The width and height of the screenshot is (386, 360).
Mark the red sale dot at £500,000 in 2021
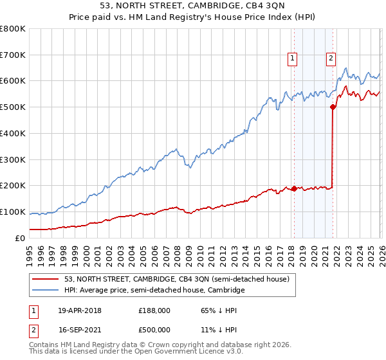coord(333,107)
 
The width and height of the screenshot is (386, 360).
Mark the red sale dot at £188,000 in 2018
coord(294,189)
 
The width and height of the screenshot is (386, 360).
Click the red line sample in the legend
coord(46,279)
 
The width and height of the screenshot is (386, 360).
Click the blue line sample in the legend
coord(46,291)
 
